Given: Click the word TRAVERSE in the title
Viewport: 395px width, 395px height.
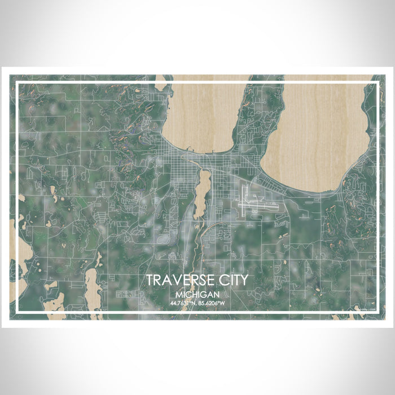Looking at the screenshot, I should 179,280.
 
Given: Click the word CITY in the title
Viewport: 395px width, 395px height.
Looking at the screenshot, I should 231,280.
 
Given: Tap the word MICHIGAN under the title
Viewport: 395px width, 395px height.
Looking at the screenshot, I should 197,295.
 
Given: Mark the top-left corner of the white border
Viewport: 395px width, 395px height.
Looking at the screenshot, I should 17,83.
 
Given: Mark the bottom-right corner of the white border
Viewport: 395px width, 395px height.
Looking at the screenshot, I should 378,311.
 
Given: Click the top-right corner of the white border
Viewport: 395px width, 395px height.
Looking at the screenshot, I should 378,83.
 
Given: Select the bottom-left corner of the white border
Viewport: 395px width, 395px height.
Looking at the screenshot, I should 17,311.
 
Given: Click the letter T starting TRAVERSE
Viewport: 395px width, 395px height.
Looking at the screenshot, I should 149,280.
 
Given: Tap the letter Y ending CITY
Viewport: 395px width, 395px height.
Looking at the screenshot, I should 243,280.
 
